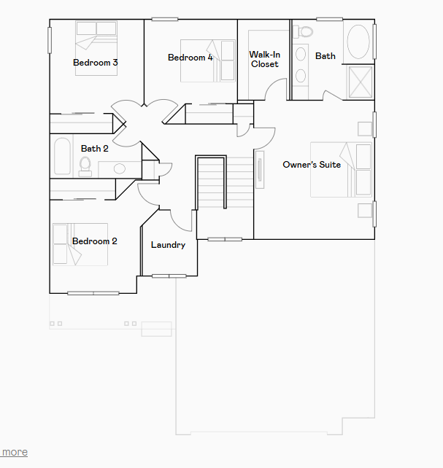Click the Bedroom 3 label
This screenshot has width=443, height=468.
[x=96, y=63]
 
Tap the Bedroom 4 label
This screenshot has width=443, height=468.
[x=190, y=58]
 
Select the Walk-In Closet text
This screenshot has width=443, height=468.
[x=264, y=59]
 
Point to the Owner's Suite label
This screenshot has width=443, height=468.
[x=312, y=165]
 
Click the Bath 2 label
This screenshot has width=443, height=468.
[x=95, y=149]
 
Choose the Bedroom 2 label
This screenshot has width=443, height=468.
[x=95, y=241]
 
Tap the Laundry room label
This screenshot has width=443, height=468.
[x=168, y=245]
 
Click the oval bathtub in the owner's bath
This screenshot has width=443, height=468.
[x=358, y=43]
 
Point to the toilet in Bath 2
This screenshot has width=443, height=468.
[x=86, y=165]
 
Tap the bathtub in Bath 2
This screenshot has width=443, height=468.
[x=62, y=155]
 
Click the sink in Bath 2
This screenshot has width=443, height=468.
[x=119, y=168]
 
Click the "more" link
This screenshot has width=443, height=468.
[x=15, y=452]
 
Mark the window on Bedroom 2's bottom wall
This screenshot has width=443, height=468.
[x=93, y=293]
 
